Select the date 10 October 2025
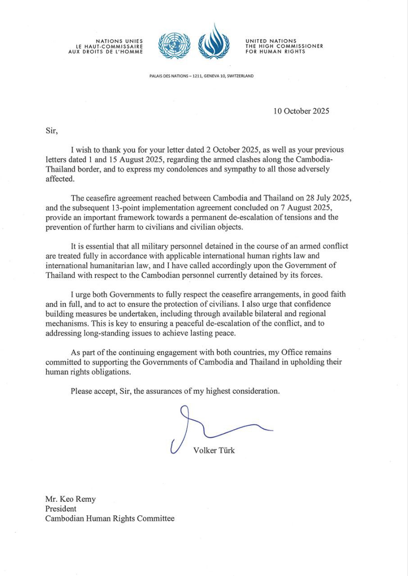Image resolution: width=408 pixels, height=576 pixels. (x=301, y=111)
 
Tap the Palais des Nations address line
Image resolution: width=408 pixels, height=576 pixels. (x=201, y=76)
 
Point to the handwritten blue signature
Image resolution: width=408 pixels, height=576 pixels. (x=212, y=427)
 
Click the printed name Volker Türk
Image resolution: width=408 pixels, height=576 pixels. (x=214, y=450)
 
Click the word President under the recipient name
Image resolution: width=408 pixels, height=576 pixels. (x=61, y=509)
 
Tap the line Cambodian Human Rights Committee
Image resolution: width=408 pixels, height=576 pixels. (x=109, y=518)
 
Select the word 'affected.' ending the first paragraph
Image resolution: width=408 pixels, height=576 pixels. (x=60, y=179)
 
